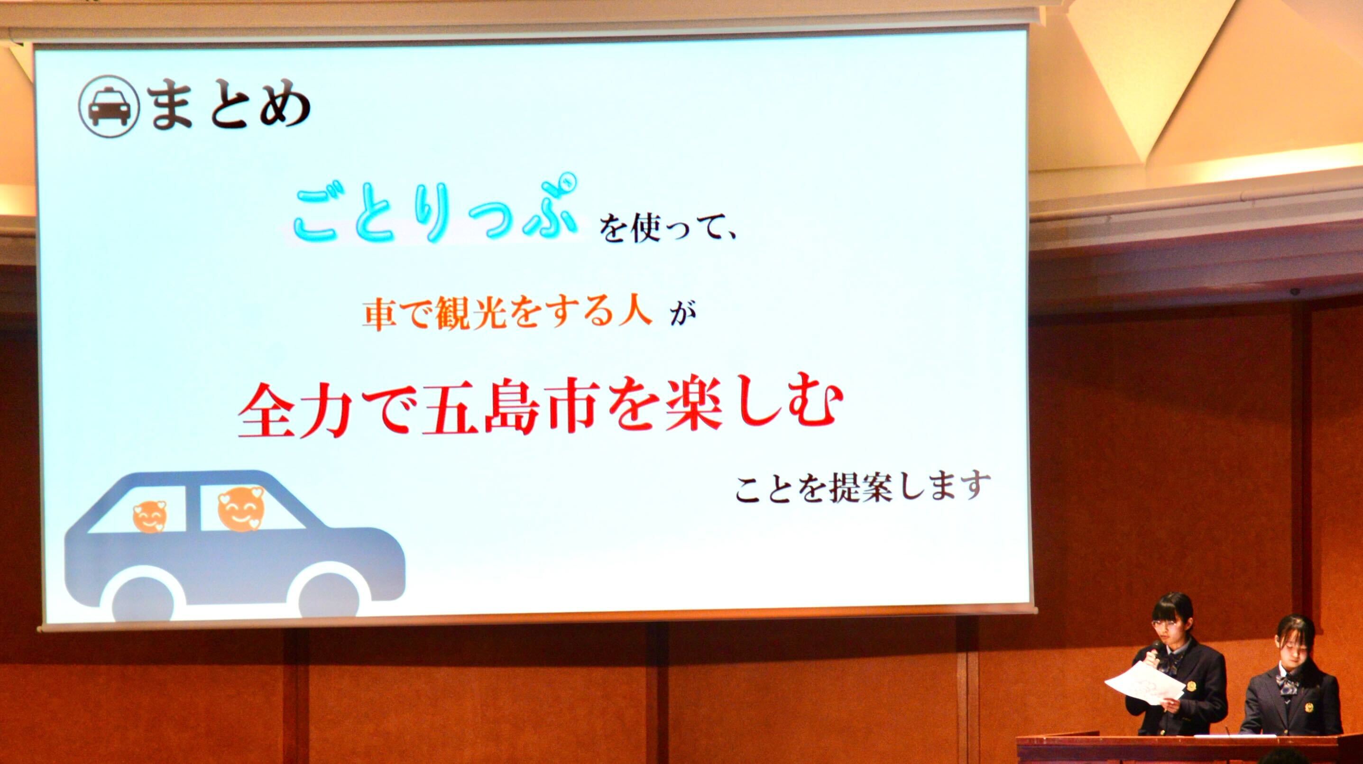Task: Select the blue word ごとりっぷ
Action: click(434, 211)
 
